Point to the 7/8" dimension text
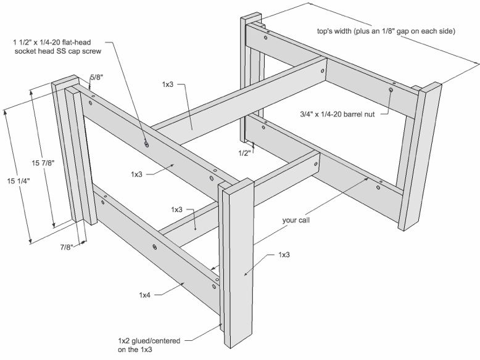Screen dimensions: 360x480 (x=67, y=247)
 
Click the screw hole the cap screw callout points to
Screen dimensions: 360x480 (x=147, y=144)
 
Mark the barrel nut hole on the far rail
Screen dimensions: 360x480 (x=391, y=90)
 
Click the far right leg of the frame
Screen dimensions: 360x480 (x=422, y=154)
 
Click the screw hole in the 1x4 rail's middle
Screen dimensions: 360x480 (x=154, y=247)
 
